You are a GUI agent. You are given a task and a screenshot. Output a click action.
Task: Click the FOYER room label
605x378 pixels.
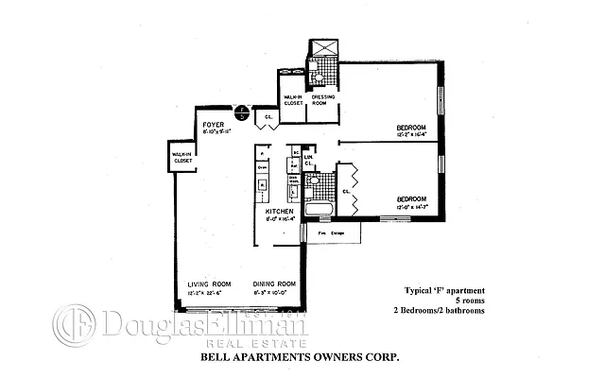tap(212, 125)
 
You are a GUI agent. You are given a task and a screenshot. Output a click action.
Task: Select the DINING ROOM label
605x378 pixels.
tap(275, 283)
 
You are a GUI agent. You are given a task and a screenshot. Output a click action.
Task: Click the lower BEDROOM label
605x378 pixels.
tap(413, 198)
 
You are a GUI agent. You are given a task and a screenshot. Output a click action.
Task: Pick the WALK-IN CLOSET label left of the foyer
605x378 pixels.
tap(181, 158)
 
